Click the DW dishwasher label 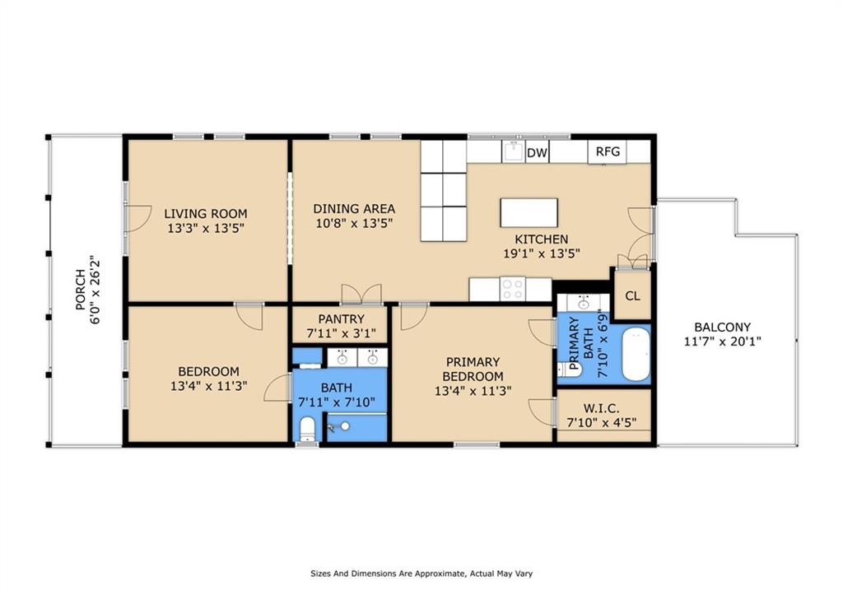[537, 153]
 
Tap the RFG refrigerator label [608, 151]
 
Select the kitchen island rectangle [529, 213]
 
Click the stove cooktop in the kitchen [512, 289]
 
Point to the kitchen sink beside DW [513, 151]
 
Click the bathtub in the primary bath [636, 354]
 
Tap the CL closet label [633, 295]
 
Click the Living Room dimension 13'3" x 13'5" [206, 228]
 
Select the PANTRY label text [341, 318]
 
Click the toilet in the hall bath [307, 429]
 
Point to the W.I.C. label [602, 409]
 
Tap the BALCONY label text [722, 327]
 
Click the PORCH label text [80, 290]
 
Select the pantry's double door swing [361, 294]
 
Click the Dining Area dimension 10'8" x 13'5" [354, 222]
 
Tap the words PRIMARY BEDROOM [473, 369]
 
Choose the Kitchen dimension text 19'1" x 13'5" [542, 253]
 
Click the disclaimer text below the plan [421, 574]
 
